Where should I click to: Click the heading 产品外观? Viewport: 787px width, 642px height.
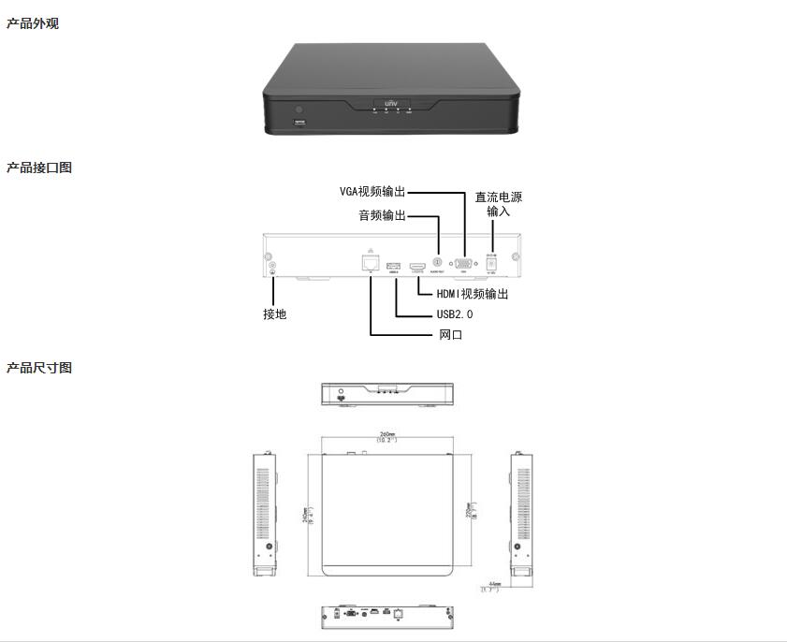(x=33, y=23)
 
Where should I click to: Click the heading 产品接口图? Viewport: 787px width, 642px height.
(x=39, y=168)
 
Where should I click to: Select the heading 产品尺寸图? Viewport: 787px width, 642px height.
(x=39, y=368)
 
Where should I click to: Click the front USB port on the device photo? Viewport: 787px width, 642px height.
(x=299, y=123)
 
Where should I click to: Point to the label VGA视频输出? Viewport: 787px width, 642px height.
(x=372, y=191)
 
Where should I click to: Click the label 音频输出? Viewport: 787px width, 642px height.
(x=383, y=215)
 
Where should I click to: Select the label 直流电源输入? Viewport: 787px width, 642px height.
(x=498, y=204)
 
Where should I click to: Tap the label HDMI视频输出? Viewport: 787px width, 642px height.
(x=473, y=294)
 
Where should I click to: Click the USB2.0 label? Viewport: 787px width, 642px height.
(x=455, y=314)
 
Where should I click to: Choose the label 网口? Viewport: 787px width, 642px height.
(x=451, y=334)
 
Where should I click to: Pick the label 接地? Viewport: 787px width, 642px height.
(x=274, y=314)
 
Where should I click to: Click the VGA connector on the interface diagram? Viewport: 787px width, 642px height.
(x=463, y=265)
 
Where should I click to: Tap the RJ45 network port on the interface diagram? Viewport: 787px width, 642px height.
(x=371, y=264)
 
